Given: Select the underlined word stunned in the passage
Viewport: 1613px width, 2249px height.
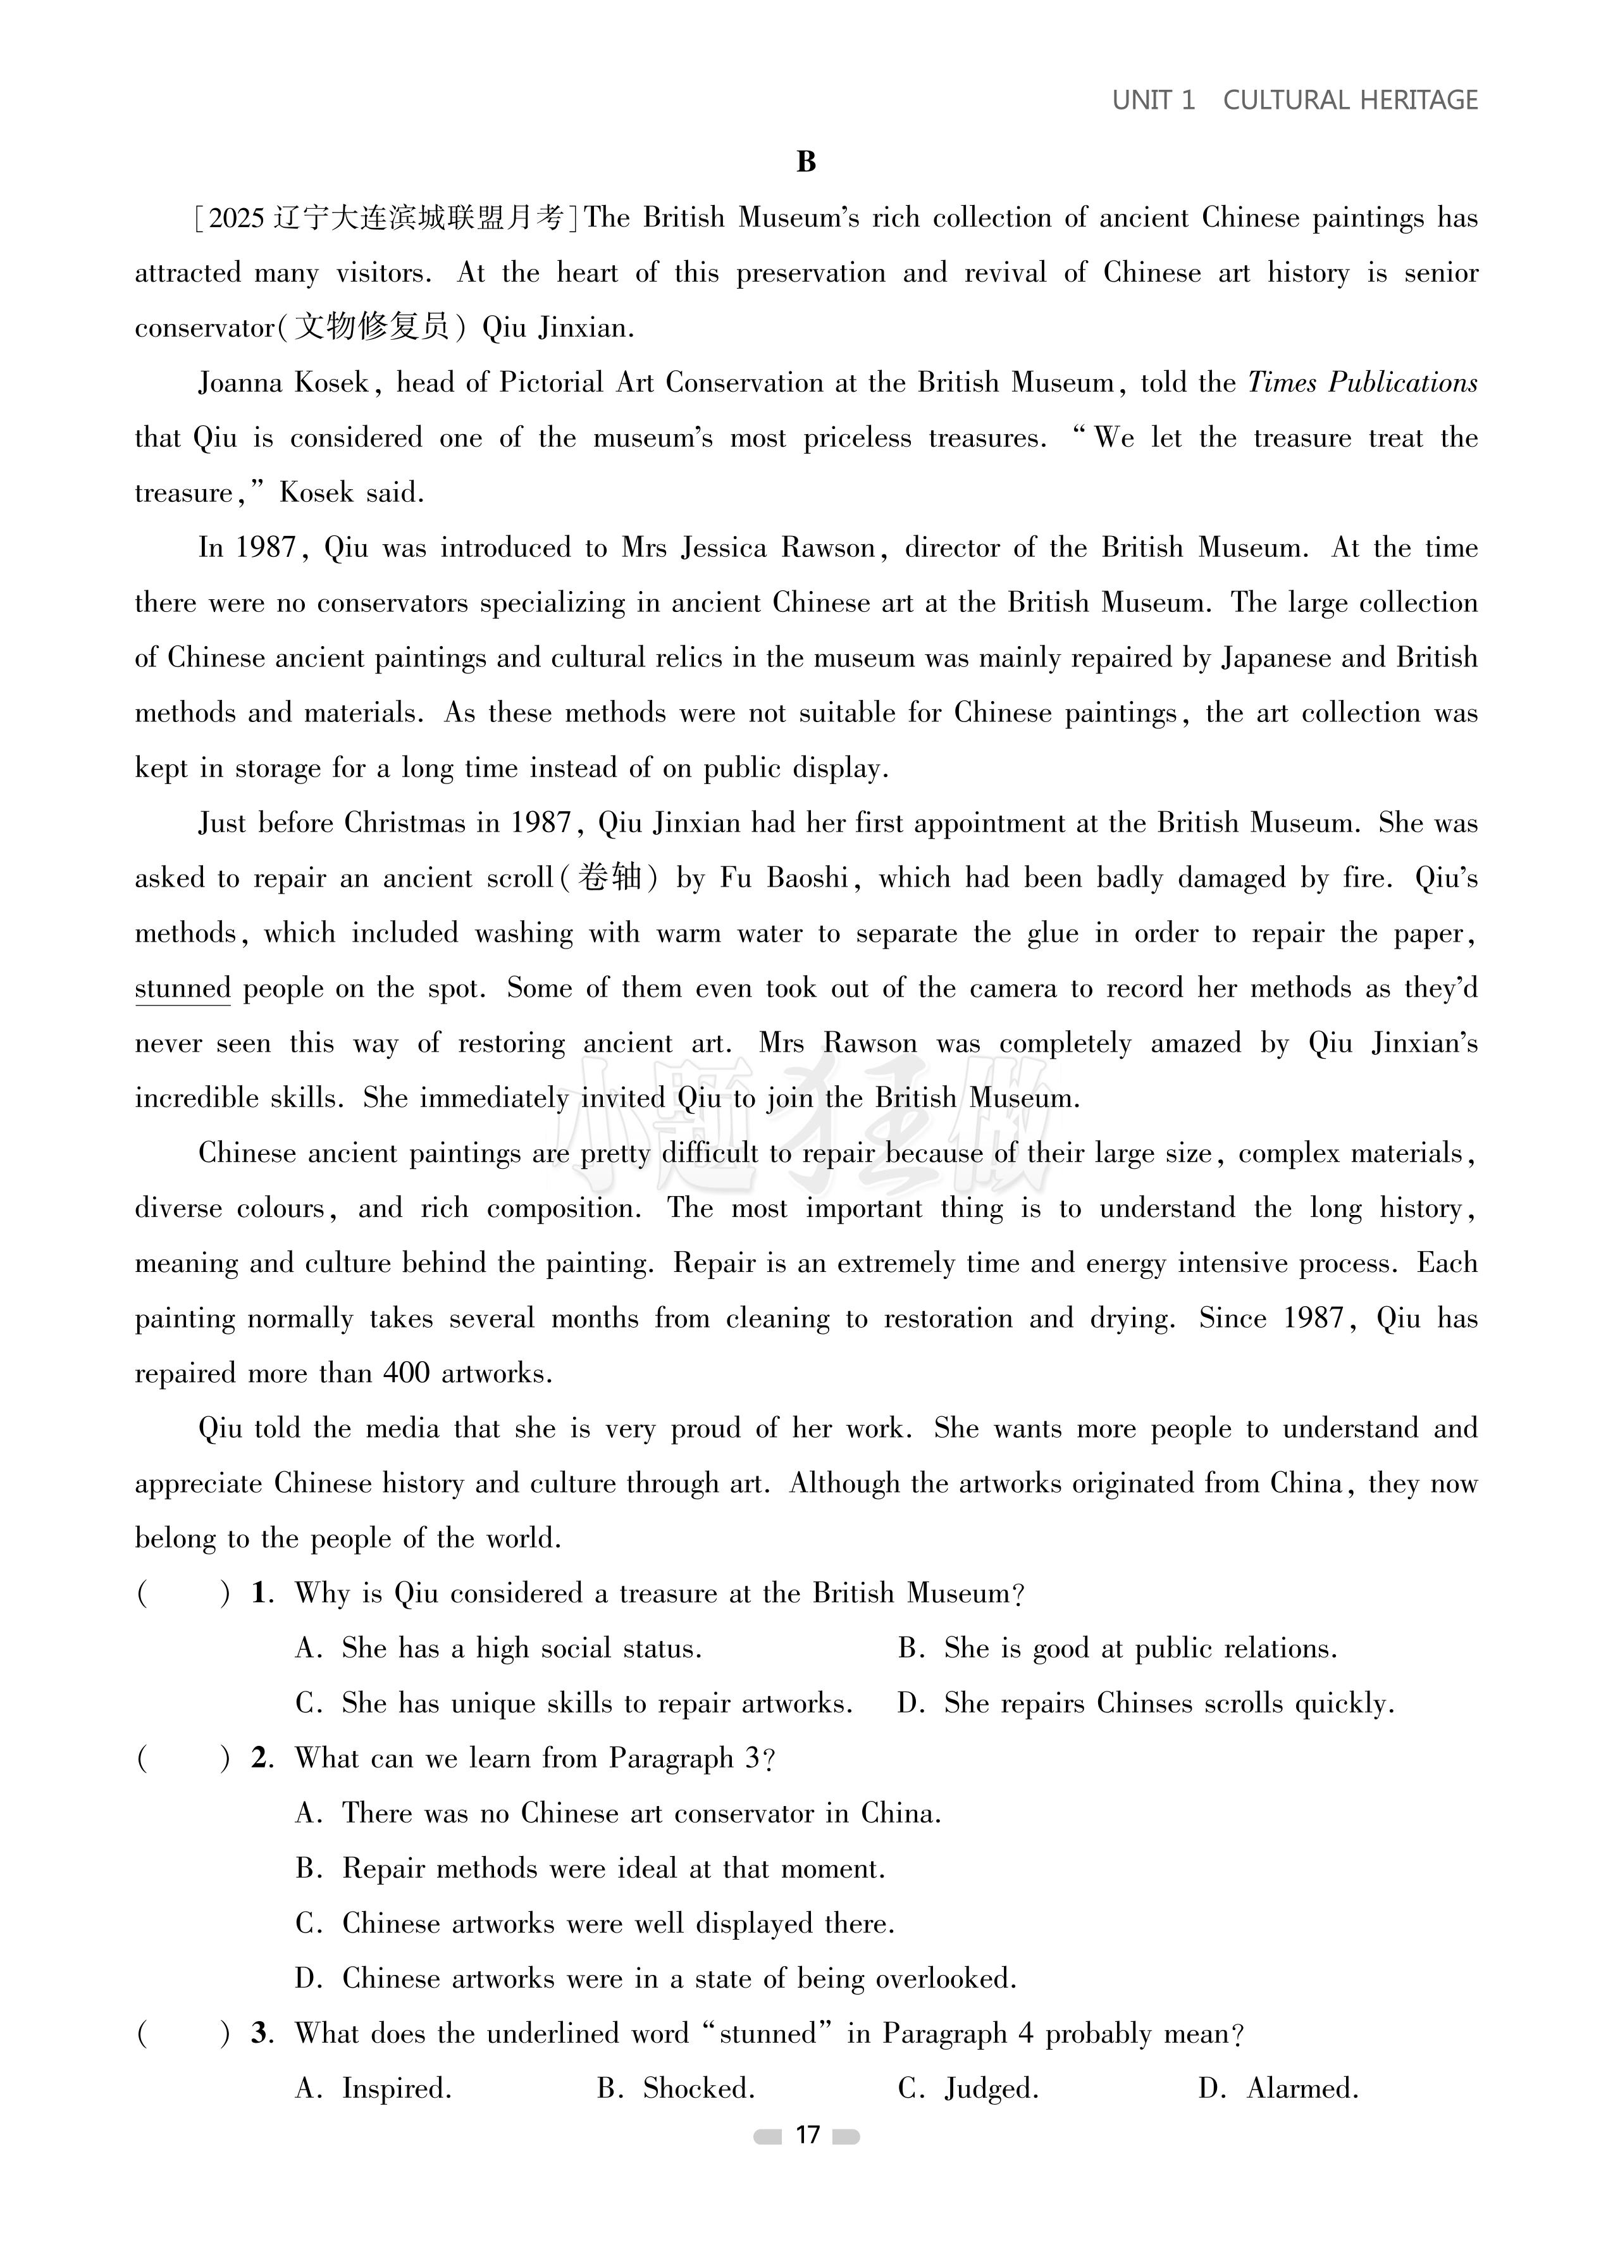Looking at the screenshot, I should (x=182, y=988).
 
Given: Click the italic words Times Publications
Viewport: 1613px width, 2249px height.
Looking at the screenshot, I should (x=1362, y=383).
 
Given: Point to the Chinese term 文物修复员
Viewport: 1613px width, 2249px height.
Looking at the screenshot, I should (x=373, y=327).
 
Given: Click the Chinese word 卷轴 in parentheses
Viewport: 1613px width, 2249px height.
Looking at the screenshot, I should (x=610, y=878).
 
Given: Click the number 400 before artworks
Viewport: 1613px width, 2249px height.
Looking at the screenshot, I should (x=407, y=1373).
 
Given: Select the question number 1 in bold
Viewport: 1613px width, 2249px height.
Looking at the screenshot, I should (x=261, y=1593).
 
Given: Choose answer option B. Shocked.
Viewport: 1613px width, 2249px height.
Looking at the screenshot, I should (x=676, y=2088).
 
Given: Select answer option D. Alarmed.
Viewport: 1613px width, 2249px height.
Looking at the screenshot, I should (x=1279, y=2088).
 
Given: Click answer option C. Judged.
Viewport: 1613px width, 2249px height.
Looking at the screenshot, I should (x=968, y=2088).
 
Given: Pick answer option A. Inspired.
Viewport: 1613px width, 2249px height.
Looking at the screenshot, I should (x=374, y=2088).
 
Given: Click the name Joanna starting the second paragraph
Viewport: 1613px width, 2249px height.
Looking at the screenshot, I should (x=234, y=383).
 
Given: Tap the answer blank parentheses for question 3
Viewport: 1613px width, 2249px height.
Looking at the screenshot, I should (x=183, y=2034).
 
